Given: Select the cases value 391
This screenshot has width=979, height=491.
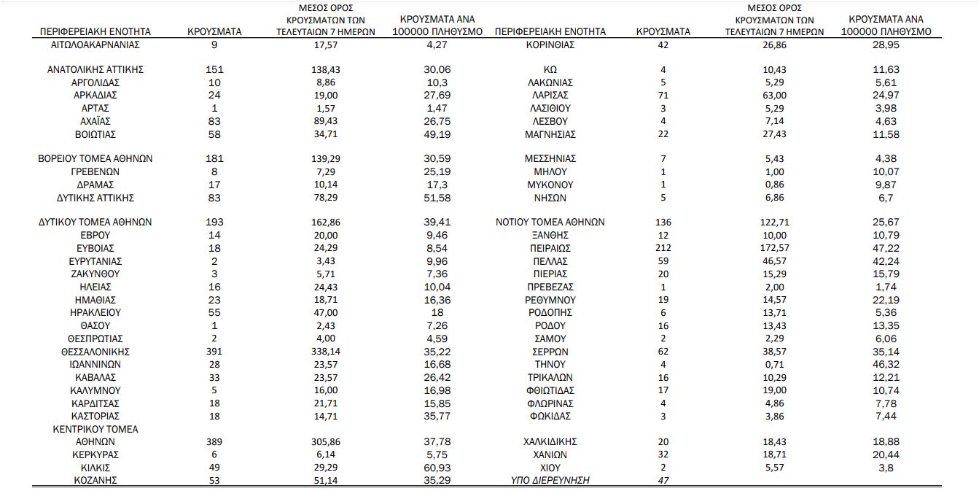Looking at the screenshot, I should (214, 352).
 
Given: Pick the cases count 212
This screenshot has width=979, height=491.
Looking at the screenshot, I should (663, 248).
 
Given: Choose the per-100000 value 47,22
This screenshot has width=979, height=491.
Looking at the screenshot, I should (886, 248).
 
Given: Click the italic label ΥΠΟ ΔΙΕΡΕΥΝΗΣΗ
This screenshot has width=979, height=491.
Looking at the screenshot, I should (550, 480).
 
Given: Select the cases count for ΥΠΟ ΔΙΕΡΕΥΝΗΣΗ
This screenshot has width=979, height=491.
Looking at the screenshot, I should (663, 480).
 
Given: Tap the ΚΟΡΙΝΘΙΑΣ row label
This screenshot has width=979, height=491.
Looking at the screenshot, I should (550, 45).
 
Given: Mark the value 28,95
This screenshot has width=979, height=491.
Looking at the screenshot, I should (886, 45).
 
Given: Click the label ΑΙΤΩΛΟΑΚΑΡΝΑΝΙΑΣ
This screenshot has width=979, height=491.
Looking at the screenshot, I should (95, 45).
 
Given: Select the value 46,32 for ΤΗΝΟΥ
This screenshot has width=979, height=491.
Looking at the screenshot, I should (886, 364).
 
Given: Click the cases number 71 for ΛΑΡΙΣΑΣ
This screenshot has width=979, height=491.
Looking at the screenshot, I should (663, 96).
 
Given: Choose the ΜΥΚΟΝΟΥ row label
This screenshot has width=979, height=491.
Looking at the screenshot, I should (550, 185).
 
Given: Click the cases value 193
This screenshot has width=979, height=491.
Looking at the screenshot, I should (214, 223).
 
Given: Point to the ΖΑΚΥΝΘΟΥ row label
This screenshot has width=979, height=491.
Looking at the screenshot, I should (95, 274).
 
